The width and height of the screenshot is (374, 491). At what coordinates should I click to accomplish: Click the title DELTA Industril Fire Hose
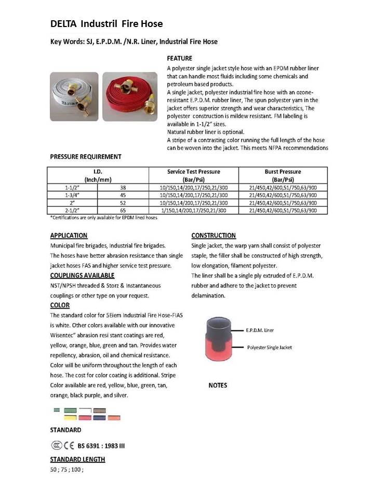[x=106, y=24]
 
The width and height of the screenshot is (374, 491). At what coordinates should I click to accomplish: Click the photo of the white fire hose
[x=74, y=96]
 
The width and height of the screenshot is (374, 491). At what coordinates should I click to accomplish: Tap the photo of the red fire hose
[x=129, y=96]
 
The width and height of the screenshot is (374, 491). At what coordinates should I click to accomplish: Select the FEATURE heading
[x=179, y=58]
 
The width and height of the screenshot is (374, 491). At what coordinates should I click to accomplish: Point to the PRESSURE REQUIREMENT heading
[x=86, y=156]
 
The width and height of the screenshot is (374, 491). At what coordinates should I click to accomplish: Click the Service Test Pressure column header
[x=193, y=175]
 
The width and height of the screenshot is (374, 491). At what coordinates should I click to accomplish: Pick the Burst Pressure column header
[x=283, y=175]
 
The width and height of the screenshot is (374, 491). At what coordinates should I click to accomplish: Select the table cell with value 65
[x=123, y=210]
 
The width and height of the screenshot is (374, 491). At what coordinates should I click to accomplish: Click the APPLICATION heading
[x=69, y=235]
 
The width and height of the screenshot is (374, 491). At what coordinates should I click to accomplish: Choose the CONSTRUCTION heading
[x=213, y=235]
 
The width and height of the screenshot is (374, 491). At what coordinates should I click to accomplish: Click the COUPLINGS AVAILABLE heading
[x=82, y=275]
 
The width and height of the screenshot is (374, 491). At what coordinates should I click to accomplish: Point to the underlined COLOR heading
[x=60, y=305]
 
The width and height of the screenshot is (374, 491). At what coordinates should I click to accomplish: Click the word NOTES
[x=218, y=386]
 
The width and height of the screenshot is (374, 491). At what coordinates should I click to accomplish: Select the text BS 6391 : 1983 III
[x=101, y=446]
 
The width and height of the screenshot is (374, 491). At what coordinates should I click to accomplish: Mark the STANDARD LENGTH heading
[x=77, y=459]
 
